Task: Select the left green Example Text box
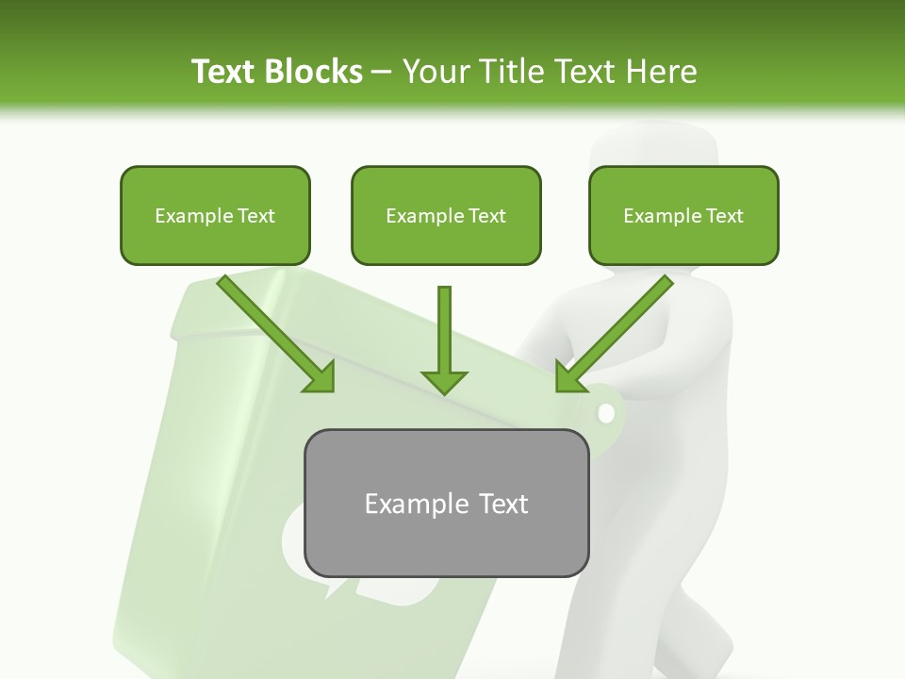tap(215, 215)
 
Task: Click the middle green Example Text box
tap(446, 215)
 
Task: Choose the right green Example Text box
tap(683, 215)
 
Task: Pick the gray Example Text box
tap(446, 503)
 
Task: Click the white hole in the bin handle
tap(606, 413)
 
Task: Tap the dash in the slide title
tap(382, 72)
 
